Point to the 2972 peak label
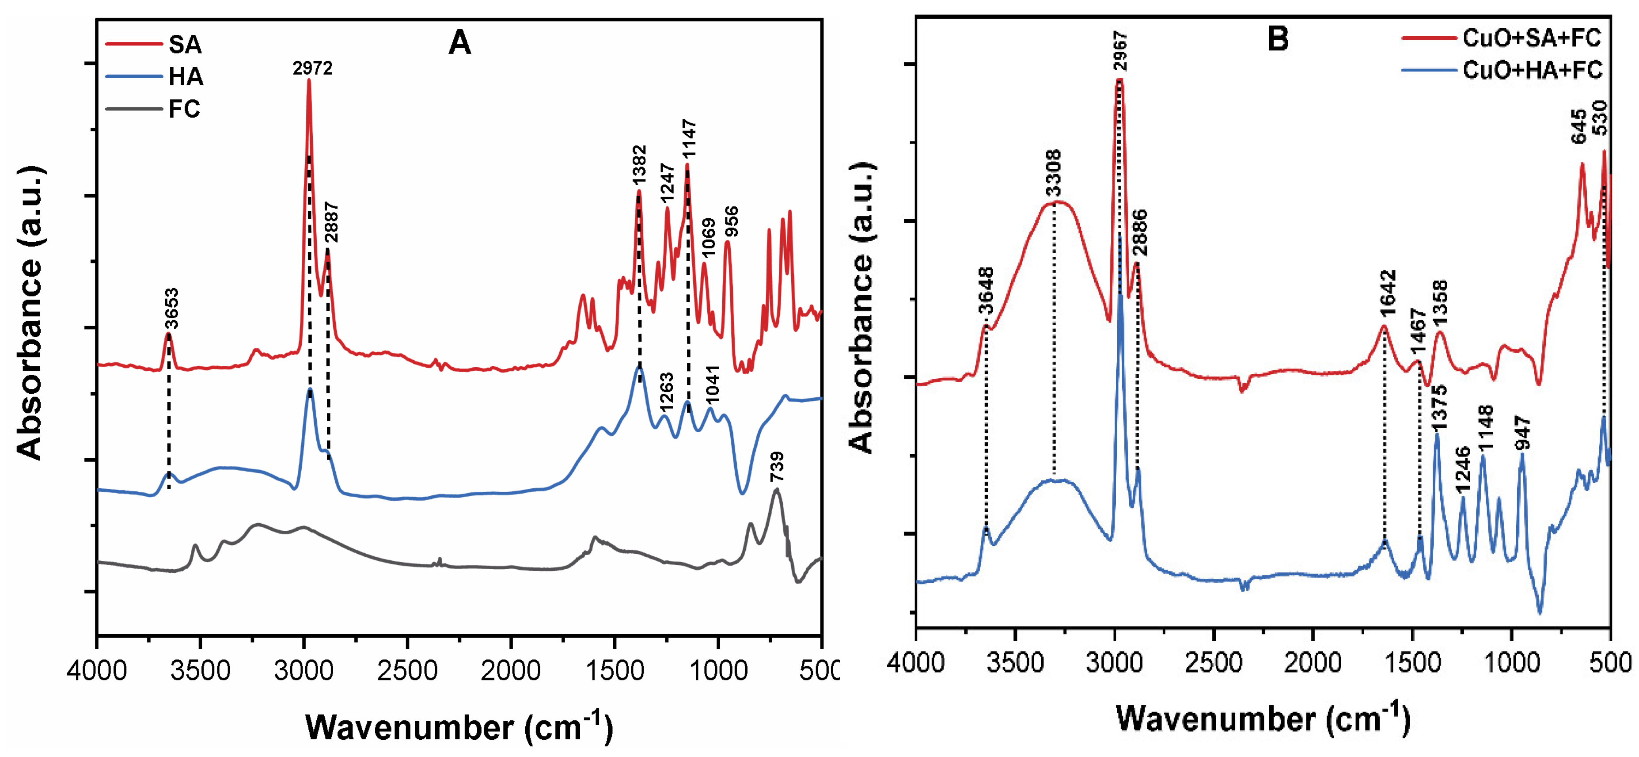tap(312, 68)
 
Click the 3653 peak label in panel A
tap(171, 308)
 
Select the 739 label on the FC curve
tap(777, 467)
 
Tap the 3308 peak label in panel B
tap(1054, 174)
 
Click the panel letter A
tap(459, 43)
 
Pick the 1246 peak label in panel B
tap(1463, 470)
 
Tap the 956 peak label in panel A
tap(732, 221)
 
